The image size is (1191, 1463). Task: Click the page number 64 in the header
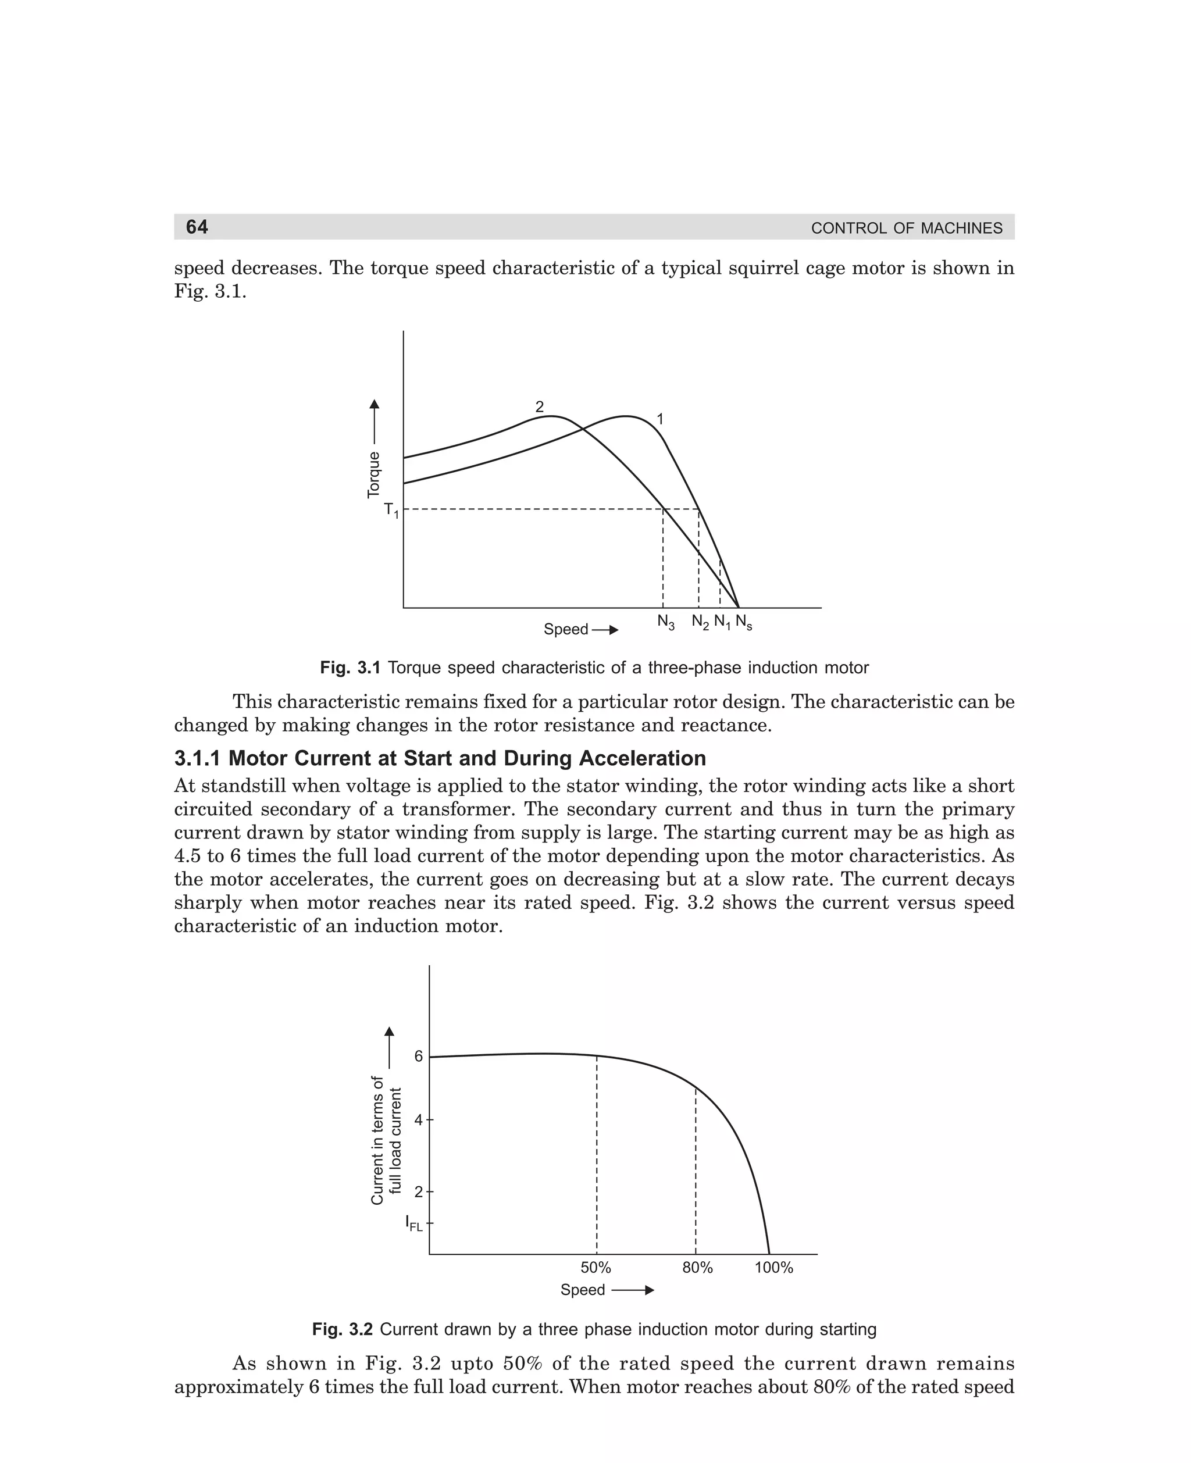[197, 227]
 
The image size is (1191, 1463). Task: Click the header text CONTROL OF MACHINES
[906, 229]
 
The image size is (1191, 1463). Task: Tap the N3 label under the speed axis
[665, 622]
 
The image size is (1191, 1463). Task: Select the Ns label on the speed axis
[744, 622]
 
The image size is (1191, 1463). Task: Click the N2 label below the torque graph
[700, 622]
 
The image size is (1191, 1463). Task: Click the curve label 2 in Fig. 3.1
[539, 406]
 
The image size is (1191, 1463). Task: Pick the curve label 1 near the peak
[660, 419]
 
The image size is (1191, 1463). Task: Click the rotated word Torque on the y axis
[374, 474]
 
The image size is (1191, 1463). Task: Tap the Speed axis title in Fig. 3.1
[566, 630]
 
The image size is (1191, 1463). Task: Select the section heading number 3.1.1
[198, 759]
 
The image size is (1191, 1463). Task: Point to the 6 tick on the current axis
[419, 1057]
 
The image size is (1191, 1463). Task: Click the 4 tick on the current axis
[419, 1120]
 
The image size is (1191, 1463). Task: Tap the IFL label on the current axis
[413, 1223]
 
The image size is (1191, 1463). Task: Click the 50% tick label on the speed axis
[595, 1268]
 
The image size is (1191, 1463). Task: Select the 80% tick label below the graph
[698, 1268]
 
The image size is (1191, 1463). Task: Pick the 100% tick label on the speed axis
[774, 1268]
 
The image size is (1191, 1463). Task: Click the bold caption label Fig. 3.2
[342, 1330]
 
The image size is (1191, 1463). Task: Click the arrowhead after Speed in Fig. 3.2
[649, 1290]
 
